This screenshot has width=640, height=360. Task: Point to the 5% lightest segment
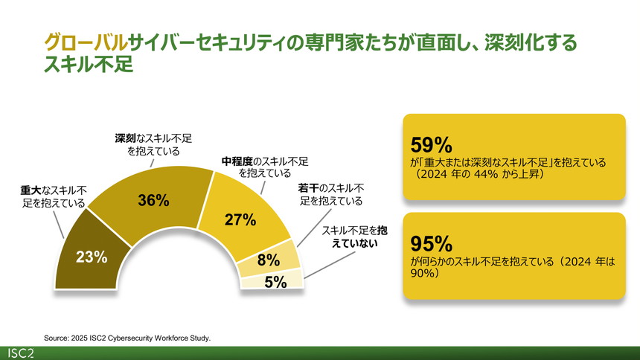[274, 281]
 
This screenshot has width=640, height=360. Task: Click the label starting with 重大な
[53, 196]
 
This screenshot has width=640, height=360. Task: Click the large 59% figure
[432, 143]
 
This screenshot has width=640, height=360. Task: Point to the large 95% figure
[432, 243]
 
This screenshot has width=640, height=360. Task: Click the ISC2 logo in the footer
[23, 352]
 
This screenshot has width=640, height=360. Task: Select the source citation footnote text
[127, 337]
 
